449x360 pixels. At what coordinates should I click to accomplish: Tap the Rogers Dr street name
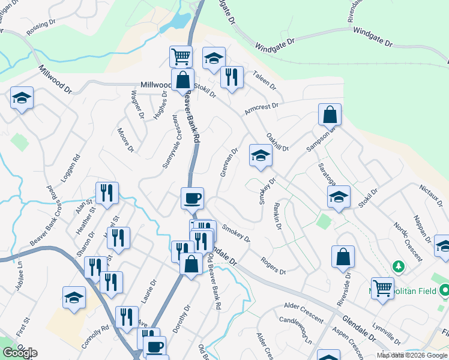(273, 265)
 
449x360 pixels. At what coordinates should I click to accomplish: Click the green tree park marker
(397, 265)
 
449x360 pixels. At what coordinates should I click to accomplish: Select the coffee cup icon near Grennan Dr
(192, 197)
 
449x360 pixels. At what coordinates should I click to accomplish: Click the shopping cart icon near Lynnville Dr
(382, 288)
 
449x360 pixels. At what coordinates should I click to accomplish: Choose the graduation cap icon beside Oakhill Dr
(260, 155)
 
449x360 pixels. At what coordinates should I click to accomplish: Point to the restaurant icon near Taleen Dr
(231, 76)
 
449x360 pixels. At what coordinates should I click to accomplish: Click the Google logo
(19, 352)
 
